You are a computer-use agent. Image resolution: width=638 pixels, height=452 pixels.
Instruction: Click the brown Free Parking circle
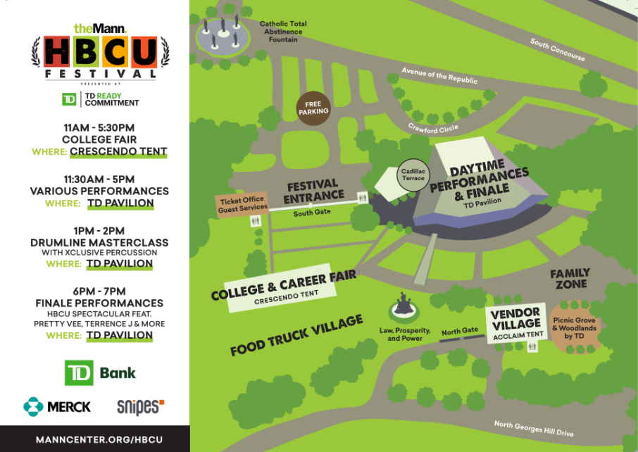(x=313, y=108)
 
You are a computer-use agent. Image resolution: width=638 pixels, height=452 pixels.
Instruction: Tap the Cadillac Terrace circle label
(x=413, y=174)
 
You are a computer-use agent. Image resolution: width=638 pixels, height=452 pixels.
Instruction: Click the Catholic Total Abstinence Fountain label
(x=282, y=32)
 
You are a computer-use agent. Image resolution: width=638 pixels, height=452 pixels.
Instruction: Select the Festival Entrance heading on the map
(x=313, y=192)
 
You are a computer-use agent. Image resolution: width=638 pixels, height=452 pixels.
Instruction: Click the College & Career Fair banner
(x=283, y=286)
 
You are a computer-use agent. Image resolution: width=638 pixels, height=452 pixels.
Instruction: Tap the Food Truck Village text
(x=296, y=336)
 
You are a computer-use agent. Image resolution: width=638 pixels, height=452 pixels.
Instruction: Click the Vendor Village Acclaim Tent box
(x=516, y=324)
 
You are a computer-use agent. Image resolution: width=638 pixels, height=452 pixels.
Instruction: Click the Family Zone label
(x=570, y=278)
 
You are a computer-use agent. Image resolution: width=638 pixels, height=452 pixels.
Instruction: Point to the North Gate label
(x=459, y=332)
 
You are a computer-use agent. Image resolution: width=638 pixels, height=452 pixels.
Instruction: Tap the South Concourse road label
(x=557, y=49)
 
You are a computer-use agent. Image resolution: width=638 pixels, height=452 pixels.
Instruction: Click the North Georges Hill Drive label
(x=533, y=428)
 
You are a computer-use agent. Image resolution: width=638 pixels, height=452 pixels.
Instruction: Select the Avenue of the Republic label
(x=439, y=75)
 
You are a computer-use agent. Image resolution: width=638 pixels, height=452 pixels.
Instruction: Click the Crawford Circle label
(x=433, y=127)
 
